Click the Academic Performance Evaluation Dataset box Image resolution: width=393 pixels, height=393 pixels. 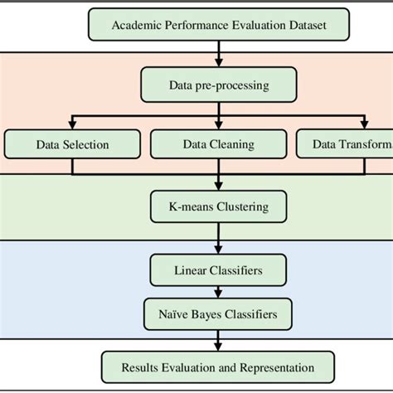219,25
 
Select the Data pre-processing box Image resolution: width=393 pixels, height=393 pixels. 218,84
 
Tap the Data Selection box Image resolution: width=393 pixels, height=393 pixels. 72,144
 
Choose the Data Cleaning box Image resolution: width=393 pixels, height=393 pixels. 218,144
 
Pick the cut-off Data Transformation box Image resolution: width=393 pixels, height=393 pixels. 344,144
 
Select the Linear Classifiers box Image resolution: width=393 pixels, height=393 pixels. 218,270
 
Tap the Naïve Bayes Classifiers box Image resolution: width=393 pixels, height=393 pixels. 218,314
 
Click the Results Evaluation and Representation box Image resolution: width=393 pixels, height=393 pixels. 218,366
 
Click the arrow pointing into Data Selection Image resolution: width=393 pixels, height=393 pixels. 72,123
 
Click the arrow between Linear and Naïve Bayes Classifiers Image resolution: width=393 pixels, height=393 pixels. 218,293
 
